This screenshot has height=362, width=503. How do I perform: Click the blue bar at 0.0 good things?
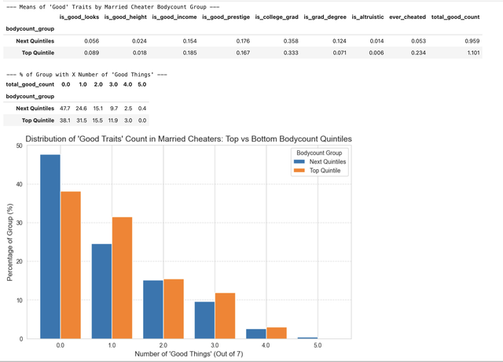pos(50,246)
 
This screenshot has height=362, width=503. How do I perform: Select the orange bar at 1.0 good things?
pos(122,278)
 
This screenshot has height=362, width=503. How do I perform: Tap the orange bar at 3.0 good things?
pos(225,316)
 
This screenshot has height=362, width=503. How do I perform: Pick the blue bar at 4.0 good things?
pos(256,334)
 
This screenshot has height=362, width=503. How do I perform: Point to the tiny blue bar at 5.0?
pos(307,338)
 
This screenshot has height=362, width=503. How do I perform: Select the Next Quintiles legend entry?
pos(320,161)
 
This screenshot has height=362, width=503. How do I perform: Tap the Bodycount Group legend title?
pos(319,153)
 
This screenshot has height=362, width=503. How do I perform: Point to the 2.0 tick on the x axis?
pos(163,345)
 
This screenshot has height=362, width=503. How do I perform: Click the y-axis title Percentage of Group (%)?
pos(9,242)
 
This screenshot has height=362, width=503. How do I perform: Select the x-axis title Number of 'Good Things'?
pos(189,354)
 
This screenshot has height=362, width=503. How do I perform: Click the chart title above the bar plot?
pos(189,139)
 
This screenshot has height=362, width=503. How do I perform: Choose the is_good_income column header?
pos(174,17)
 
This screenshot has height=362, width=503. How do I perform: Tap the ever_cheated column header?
pos(407,17)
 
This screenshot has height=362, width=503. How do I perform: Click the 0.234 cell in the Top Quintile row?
pos(418,53)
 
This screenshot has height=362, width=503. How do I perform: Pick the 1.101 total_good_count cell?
pos(473,53)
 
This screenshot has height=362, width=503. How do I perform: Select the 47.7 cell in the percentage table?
pos(64,109)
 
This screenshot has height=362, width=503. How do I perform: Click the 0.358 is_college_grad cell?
pos(291,41)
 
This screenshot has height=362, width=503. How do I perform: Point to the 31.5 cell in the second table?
pos(82,120)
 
